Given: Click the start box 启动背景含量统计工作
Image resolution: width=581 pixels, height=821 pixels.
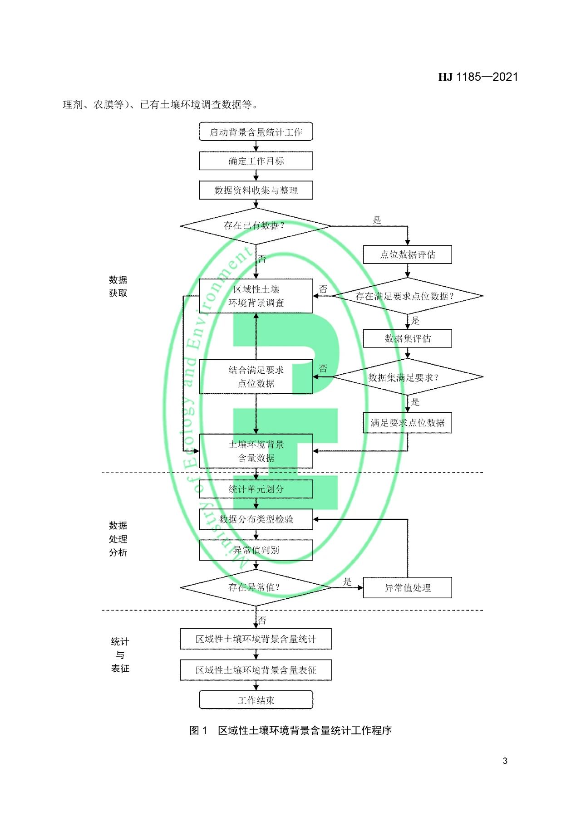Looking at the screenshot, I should (256, 132).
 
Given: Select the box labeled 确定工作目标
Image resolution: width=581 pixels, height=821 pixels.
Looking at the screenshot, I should (256, 161).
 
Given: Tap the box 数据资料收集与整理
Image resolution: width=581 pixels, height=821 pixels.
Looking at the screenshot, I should (256, 190).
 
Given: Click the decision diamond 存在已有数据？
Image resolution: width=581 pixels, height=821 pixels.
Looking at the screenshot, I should (256, 226).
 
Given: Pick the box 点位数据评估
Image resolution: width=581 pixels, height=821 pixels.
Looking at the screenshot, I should (407, 254).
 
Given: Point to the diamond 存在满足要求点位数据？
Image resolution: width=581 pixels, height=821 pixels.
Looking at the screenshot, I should (407, 296).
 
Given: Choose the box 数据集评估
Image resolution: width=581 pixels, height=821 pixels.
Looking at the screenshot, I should (407, 338).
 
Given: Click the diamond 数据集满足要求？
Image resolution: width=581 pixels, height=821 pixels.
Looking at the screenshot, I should (407, 377).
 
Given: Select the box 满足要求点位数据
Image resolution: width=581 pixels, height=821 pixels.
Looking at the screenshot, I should (407, 423).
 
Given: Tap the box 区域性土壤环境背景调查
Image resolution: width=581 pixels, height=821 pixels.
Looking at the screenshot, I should (256, 296).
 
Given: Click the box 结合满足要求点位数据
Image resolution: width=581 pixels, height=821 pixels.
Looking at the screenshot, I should (256, 377).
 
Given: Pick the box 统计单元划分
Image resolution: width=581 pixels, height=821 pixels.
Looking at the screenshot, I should (256, 489).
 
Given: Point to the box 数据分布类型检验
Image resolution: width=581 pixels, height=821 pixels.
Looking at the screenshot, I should (256, 519).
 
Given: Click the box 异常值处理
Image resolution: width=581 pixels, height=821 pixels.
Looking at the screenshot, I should (407, 588).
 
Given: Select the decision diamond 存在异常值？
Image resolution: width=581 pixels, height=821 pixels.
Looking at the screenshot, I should (256, 587).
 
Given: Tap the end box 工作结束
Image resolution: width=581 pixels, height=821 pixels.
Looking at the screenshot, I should (256, 700).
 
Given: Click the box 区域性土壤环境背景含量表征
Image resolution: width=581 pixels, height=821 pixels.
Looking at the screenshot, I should (256, 670).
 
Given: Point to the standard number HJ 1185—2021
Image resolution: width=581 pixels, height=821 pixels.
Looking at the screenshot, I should (478, 77).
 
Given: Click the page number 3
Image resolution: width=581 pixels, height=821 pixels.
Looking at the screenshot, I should (505, 761).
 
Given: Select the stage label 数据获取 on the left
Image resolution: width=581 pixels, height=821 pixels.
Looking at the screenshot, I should (118, 286).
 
